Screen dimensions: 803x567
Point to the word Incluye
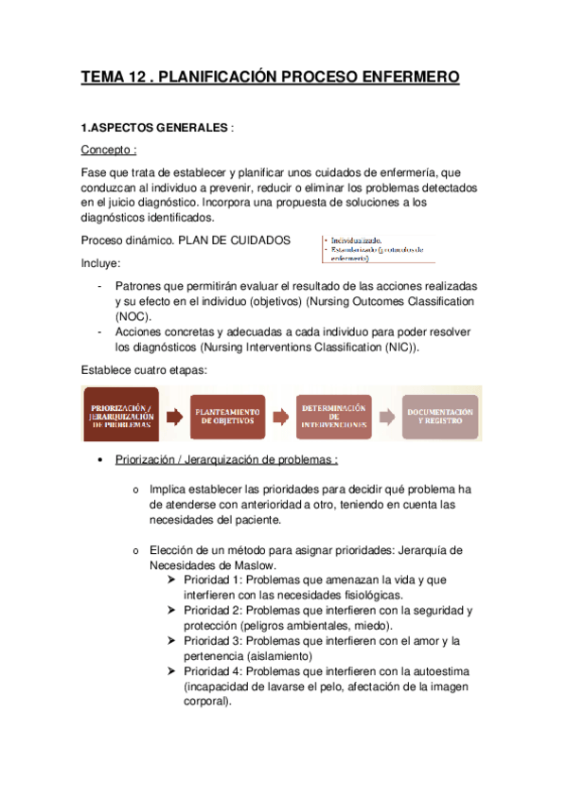click(100, 262)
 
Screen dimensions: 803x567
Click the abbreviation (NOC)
click(135, 315)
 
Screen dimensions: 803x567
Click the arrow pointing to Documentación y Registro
click(387, 415)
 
